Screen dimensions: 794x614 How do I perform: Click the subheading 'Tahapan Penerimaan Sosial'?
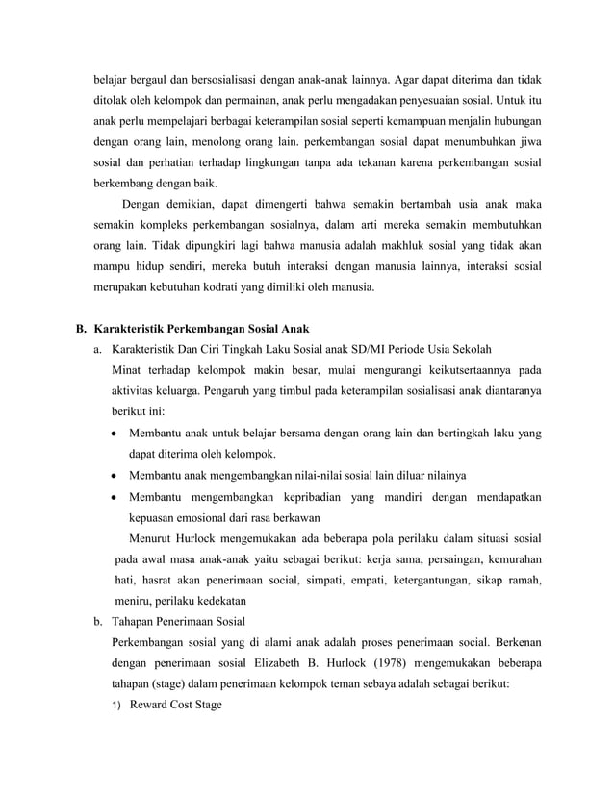(179, 621)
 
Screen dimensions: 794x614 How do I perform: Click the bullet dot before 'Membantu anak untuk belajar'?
(116, 434)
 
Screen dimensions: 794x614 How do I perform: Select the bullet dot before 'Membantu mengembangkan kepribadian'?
(116, 497)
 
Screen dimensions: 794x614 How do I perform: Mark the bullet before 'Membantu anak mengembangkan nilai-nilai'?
(116, 476)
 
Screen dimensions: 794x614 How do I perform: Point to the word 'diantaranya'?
(511, 391)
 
